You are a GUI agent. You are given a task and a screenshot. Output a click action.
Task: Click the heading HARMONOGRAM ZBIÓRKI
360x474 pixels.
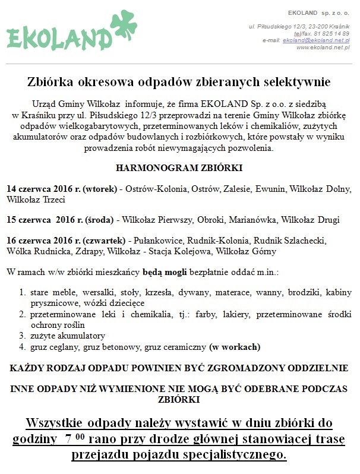coord(179,168)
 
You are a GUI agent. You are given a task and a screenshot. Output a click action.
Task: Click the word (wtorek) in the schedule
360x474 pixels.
coord(99,189)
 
